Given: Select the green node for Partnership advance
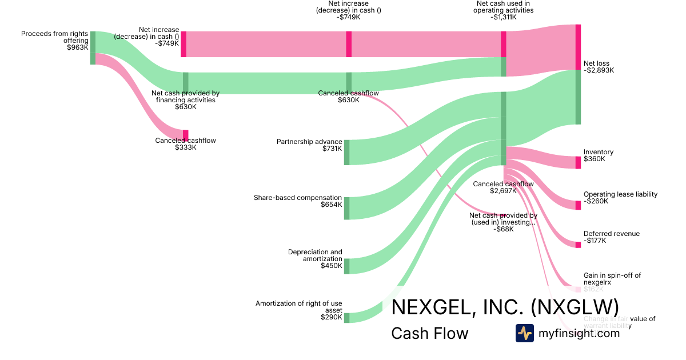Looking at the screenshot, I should pos(346,152).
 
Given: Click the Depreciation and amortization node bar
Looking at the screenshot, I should pos(346,266).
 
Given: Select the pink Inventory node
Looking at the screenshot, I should pos(578,162).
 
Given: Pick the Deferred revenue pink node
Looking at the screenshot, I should pos(578,245).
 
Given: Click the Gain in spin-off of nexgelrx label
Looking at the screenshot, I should pos(612,279).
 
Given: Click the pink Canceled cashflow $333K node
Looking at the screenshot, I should pos(185,135).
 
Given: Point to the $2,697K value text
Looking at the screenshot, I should pos(503,191).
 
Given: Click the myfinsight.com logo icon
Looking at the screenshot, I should pos(524,333).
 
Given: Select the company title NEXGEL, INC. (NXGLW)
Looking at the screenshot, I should pos(505,307).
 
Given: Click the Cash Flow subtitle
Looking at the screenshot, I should pos(429,333).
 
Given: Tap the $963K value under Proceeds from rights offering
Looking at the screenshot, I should pos(78,47).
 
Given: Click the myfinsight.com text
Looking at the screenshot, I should pos(579,333).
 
